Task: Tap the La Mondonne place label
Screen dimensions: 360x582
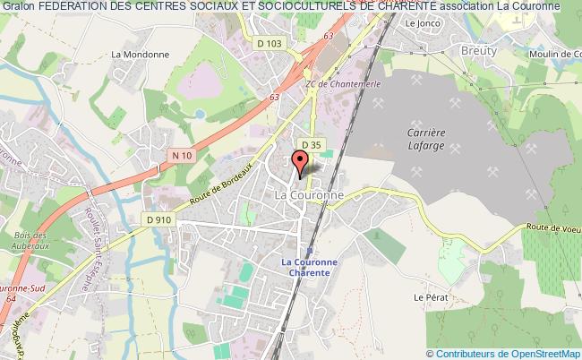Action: (129, 53)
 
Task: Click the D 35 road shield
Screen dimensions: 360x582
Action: (311, 144)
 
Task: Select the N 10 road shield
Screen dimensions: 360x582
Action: (182, 156)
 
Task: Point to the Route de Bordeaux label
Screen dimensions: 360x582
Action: (232, 182)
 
